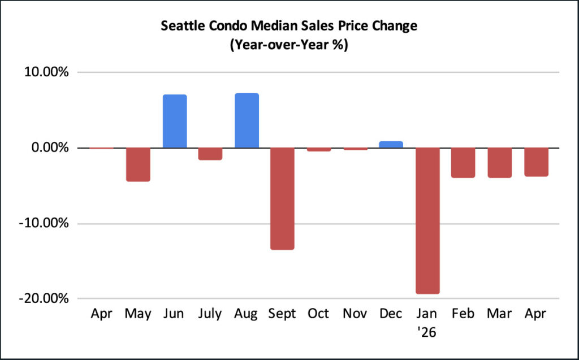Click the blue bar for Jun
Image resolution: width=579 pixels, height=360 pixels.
point(175,121)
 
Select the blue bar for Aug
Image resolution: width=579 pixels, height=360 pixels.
point(247,120)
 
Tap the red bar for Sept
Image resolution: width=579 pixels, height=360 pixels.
point(283,198)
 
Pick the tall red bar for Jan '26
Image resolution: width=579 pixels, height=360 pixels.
point(427,221)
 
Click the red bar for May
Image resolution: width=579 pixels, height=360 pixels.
point(138,164)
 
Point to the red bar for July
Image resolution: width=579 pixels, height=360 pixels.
point(210,154)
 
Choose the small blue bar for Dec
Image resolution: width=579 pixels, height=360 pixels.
point(391,144)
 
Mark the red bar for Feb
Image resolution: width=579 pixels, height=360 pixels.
point(463,163)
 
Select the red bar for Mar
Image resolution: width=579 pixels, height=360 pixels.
point(500,163)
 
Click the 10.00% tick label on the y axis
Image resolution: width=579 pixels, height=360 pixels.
point(46,72)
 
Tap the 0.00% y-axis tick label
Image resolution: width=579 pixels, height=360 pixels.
point(50,148)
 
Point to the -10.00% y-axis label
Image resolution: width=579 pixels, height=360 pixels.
point(44,223)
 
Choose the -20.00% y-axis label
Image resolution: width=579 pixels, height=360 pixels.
point(44,298)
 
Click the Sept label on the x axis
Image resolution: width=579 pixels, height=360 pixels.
point(282,314)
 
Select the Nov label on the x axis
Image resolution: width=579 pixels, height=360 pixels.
point(355,314)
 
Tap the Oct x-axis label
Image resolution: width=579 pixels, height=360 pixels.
point(318,314)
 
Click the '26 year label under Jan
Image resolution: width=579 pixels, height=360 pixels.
point(427,332)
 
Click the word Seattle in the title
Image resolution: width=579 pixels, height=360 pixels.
point(183,26)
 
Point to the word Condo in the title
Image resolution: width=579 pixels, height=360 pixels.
point(227,26)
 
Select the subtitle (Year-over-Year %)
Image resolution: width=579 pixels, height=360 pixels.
point(289,45)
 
